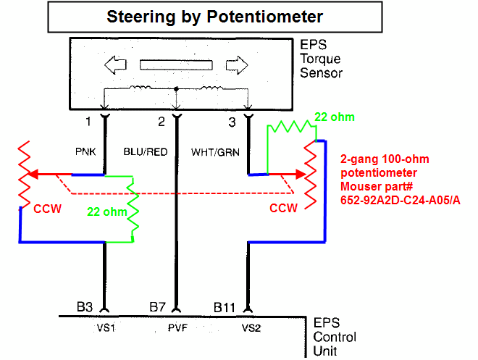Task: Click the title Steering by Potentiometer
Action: [x=215, y=16]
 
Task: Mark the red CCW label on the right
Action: [x=283, y=208]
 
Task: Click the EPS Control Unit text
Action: [x=335, y=338]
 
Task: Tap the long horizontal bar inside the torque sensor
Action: [x=175, y=65]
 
